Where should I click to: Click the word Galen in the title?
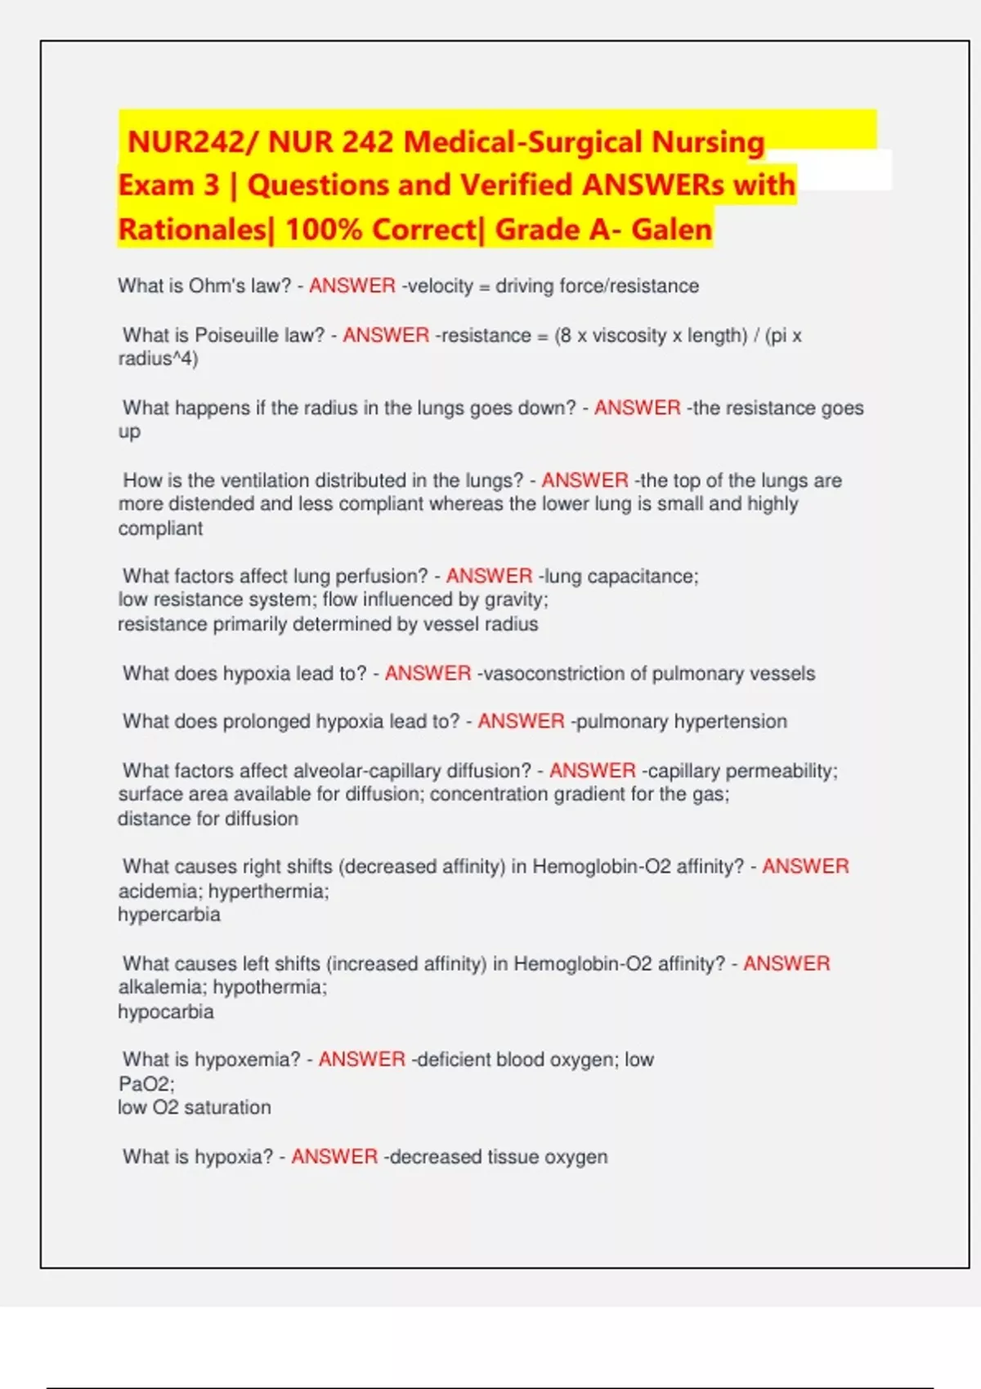tap(671, 230)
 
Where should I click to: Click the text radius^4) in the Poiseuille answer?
tap(158, 359)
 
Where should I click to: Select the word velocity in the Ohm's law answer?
tap(440, 286)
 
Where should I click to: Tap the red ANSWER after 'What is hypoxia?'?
tap(334, 1157)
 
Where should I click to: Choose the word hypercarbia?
tap(169, 914)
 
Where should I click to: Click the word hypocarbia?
tap(166, 1012)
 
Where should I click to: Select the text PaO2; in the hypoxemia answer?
tap(146, 1084)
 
